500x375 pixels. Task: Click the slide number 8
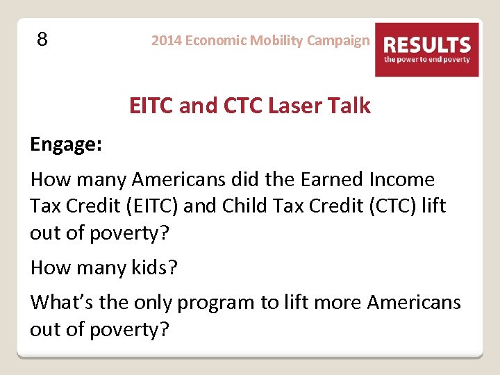point(42,40)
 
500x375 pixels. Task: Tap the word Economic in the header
point(215,40)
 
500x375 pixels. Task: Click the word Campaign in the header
point(338,40)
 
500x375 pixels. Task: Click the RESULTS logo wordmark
point(426,45)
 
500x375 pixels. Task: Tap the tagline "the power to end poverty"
point(426,60)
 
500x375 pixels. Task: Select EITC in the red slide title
point(151,106)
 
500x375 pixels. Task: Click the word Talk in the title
point(349,106)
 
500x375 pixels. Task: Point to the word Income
point(403,180)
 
